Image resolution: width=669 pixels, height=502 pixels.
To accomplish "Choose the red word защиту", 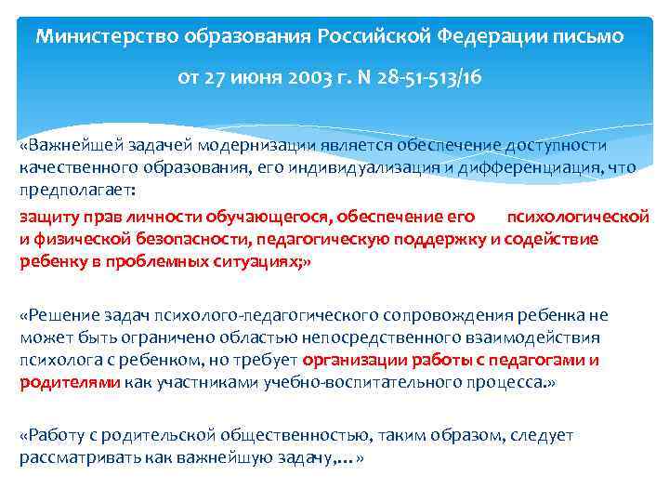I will (48, 217).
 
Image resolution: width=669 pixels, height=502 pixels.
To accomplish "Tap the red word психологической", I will (577, 217).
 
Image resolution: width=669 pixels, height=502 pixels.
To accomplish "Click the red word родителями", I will (70, 381).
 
